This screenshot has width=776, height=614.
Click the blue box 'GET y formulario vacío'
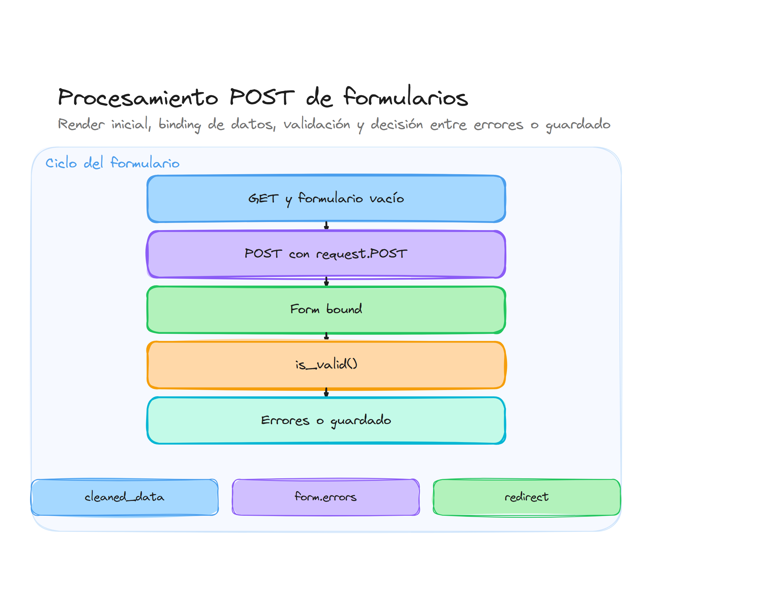(x=326, y=198)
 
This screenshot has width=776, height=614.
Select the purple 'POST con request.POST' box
(x=326, y=254)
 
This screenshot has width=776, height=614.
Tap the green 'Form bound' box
(x=326, y=309)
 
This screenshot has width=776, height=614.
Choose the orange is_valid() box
(x=326, y=365)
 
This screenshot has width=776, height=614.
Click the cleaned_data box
(x=124, y=497)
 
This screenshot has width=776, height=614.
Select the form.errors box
(x=325, y=497)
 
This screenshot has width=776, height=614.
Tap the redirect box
(x=526, y=497)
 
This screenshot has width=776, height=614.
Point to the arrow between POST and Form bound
(x=326, y=281)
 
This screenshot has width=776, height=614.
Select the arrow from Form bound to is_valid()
(x=326, y=336)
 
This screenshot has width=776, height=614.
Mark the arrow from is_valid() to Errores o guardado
(x=326, y=392)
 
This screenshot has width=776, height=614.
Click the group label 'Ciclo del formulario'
(x=112, y=163)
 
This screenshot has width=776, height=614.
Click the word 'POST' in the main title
(x=262, y=97)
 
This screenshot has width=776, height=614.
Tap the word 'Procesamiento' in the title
(x=138, y=97)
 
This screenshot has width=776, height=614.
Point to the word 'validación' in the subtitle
(x=317, y=124)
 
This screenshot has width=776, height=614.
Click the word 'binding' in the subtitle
(x=179, y=124)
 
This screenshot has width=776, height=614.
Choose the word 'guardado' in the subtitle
(x=577, y=124)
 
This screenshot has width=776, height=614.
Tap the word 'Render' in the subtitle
(x=81, y=124)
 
